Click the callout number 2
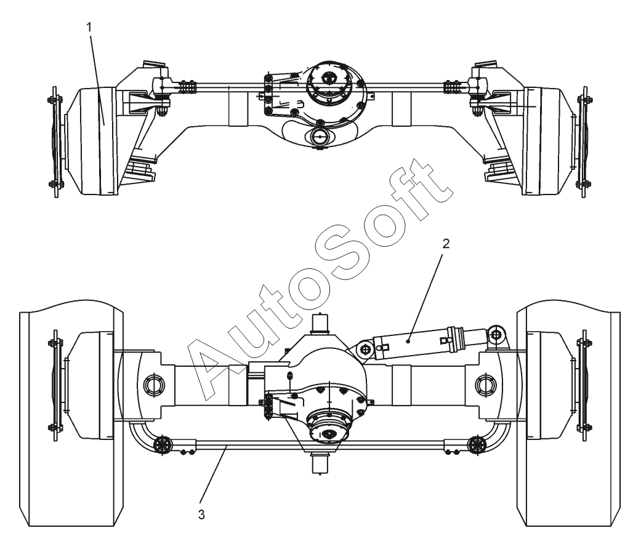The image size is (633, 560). coord(446,243)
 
